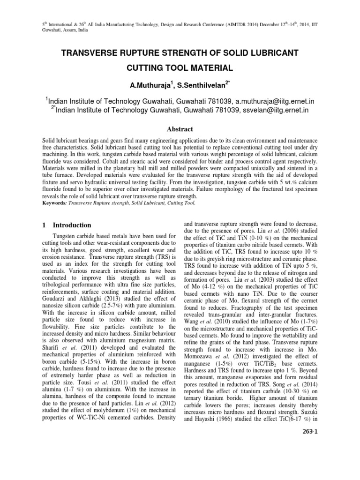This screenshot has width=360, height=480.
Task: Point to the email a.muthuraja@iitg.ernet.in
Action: pyautogui.click(x=274, y=101)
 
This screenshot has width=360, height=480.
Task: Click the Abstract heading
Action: pyautogui.click(x=180, y=129)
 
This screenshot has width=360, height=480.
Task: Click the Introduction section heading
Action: pyautogui.click(x=72, y=225)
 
